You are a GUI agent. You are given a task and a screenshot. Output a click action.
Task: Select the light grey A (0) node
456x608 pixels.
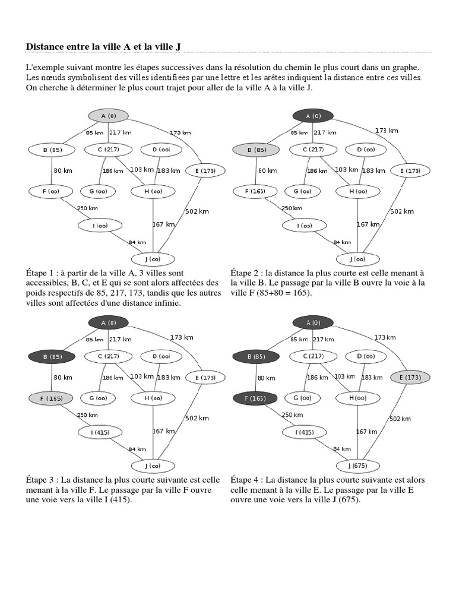108,115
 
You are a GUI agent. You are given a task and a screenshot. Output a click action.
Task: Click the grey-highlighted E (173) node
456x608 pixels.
410,377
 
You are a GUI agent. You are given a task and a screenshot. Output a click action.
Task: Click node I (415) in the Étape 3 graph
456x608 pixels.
100,432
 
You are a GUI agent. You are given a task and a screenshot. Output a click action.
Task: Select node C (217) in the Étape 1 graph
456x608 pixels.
107,150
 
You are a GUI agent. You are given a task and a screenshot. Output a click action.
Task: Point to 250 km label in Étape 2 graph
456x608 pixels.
292,208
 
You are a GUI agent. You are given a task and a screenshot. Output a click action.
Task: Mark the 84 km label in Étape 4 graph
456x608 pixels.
341,449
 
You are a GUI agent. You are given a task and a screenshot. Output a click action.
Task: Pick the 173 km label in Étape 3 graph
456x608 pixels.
181,337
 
